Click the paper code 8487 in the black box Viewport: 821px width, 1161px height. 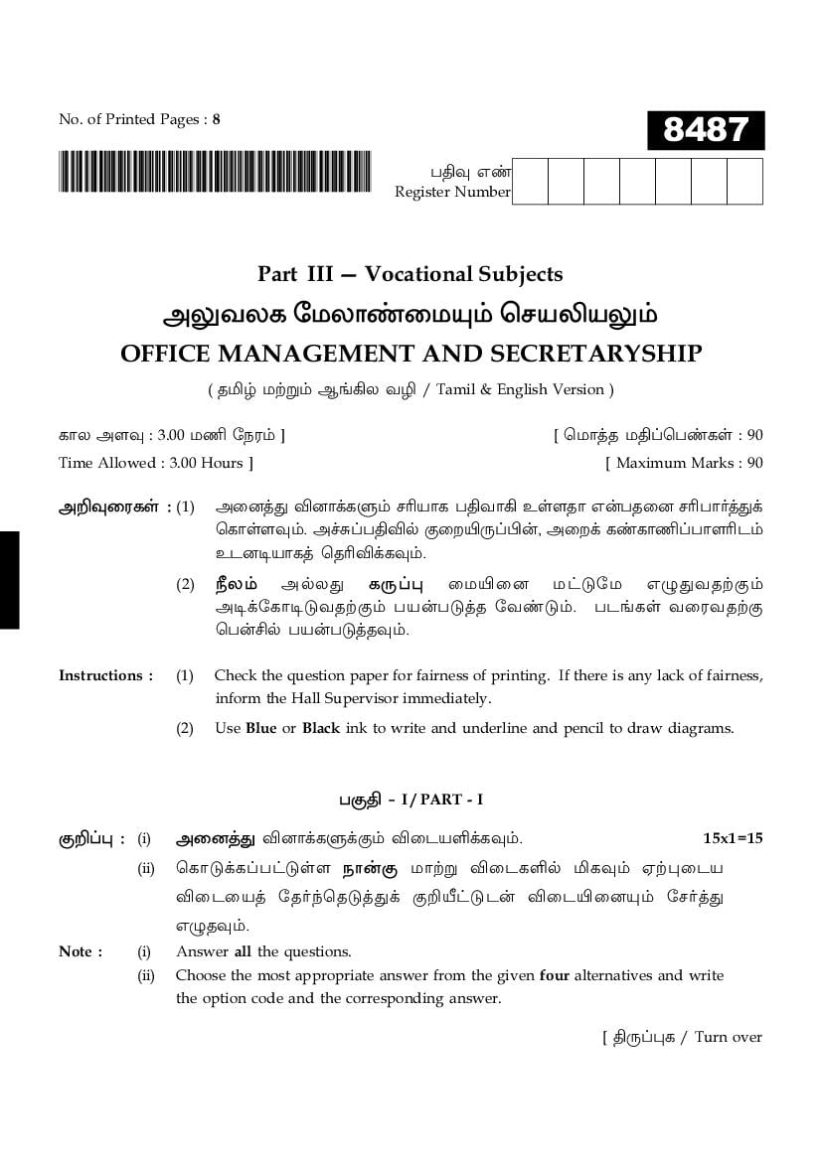[705, 130]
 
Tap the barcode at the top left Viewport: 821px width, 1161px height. [215, 172]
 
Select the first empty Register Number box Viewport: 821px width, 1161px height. [530, 182]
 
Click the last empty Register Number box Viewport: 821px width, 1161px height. [744, 182]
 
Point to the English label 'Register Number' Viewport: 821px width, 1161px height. [452, 192]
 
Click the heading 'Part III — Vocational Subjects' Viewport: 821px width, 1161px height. [410, 274]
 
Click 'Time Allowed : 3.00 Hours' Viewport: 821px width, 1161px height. [156, 463]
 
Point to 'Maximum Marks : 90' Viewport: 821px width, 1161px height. [685, 463]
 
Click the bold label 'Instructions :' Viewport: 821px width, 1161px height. [106, 675]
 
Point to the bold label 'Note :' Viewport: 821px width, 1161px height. [81, 951]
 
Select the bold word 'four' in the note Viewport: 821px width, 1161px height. [554, 975]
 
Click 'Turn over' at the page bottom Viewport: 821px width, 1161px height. [728, 1037]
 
